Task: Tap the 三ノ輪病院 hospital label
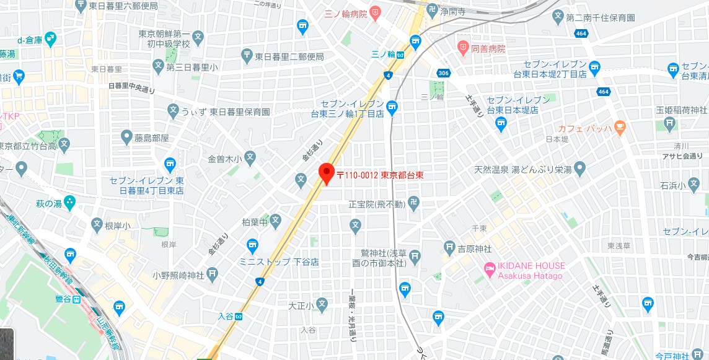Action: click(346, 12)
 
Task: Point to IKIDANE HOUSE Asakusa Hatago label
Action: click(532, 271)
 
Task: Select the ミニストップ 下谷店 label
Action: click(279, 262)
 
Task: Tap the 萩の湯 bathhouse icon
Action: click(69, 202)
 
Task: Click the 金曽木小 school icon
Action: click(250, 158)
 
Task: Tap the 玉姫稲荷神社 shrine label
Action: click(681, 110)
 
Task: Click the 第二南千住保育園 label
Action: click(601, 17)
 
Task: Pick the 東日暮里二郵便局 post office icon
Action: click(247, 55)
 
